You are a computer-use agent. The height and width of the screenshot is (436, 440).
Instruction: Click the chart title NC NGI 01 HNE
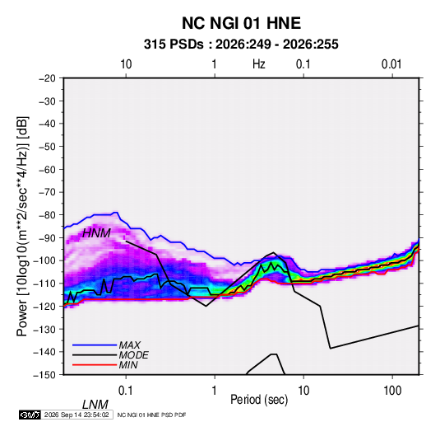pos(241,23)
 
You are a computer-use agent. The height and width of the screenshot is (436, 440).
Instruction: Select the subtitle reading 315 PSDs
pos(174,45)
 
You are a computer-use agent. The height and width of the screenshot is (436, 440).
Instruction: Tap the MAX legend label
pos(129,345)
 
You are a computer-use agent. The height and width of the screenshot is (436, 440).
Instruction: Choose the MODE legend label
pos(133,355)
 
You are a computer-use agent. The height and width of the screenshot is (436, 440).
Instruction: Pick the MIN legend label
pos(128,365)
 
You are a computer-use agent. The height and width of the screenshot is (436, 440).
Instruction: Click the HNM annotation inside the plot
pos(96,233)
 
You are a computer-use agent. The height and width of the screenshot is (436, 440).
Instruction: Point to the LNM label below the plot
pos(95,405)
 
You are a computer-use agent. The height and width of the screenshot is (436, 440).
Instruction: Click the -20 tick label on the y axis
pos(47,78)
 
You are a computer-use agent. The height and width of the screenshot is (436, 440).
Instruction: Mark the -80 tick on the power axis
pos(47,215)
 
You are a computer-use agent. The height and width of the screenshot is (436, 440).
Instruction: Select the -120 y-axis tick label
pos(44,306)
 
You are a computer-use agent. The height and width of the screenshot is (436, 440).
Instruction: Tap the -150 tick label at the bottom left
pos(44,375)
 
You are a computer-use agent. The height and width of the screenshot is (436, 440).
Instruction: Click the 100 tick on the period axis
pos(392,391)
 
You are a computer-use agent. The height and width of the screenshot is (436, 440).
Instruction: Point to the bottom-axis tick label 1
pos(215,391)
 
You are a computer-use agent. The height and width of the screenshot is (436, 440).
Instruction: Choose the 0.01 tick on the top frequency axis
pos(391,64)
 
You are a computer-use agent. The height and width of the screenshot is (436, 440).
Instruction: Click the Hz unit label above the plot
pos(259,64)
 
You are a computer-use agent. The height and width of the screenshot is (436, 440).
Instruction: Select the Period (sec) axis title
pos(259,400)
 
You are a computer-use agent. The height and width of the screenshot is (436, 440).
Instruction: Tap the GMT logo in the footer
pos(30,415)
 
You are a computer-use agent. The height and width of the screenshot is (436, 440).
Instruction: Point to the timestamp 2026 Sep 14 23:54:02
pos(76,415)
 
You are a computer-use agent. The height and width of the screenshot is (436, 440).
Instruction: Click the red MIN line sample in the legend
pos(95,365)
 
